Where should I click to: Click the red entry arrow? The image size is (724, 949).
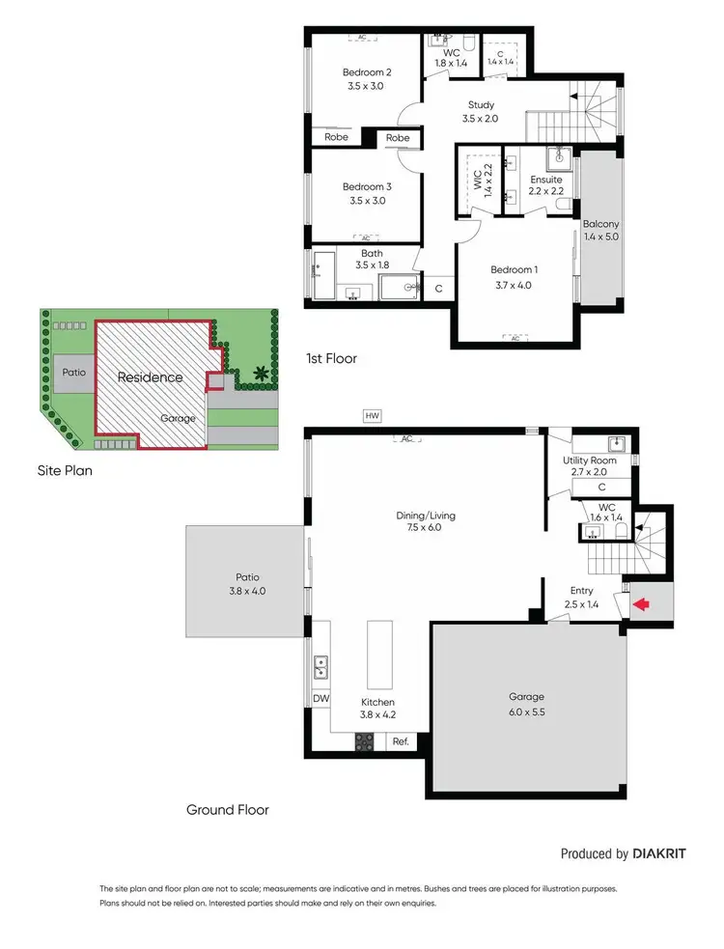click(640, 606)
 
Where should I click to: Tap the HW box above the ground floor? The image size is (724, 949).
click(372, 416)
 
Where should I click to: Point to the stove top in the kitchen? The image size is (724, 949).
click(366, 741)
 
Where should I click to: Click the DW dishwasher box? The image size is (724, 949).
click(320, 698)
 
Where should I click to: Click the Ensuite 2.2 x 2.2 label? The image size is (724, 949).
click(546, 185)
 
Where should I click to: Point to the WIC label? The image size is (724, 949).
click(477, 181)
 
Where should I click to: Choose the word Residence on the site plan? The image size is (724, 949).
click(150, 377)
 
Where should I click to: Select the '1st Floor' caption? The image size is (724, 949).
click(331, 358)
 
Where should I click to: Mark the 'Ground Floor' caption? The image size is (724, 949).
click(228, 810)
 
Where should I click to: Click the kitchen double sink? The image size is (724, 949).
click(320, 666)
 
